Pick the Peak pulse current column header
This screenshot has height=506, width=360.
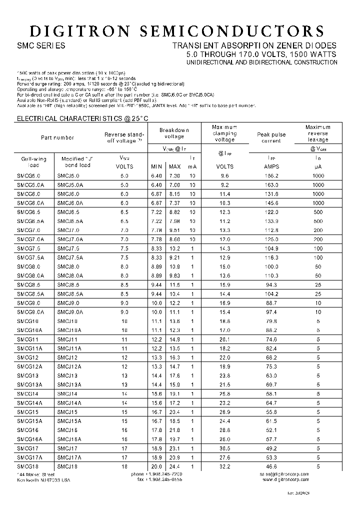[x=271, y=137]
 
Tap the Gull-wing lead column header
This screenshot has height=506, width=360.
[x=33, y=162]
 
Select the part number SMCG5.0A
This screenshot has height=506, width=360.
[x=30, y=185]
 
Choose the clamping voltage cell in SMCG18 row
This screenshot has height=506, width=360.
[x=224, y=466]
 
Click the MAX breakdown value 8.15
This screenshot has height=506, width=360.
[x=174, y=194]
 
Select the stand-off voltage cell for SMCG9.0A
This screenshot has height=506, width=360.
[x=124, y=312]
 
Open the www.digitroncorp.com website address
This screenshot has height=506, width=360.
[x=285, y=479]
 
